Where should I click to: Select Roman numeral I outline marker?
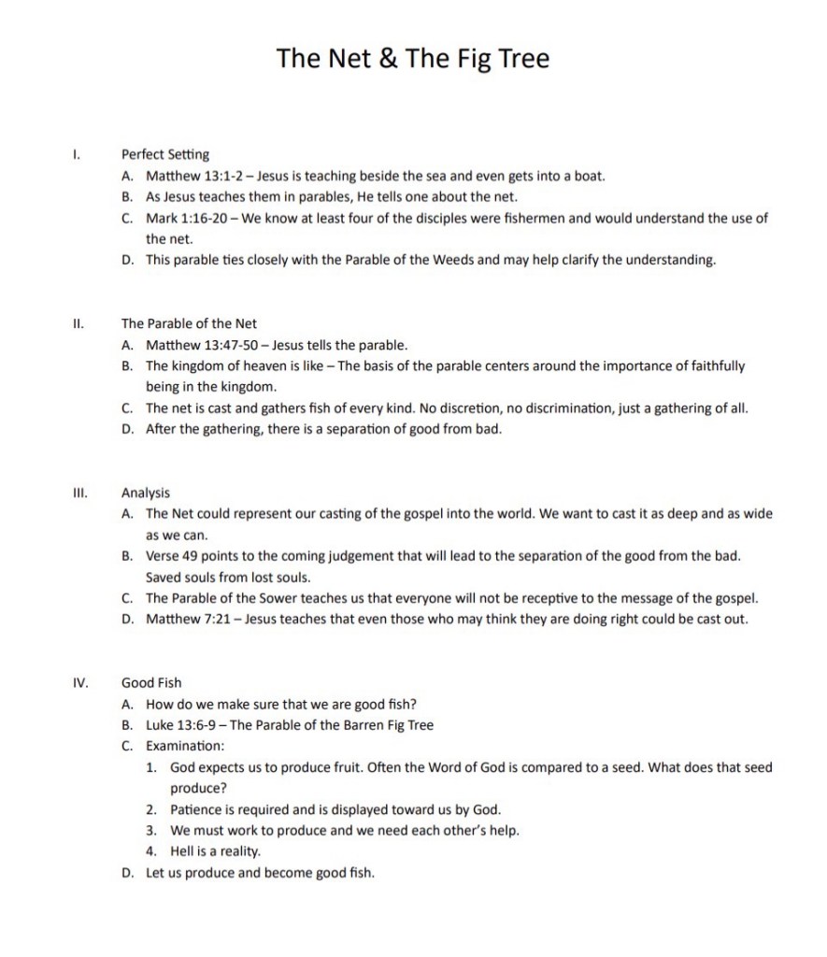(x=77, y=154)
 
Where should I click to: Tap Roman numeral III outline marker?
(x=79, y=493)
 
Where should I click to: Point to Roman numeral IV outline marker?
(x=80, y=683)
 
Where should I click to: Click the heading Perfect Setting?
(x=165, y=154)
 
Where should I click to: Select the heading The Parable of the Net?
(x=189, y=323)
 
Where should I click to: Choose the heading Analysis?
(x=146, y=493)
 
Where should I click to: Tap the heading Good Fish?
(x=151, y=683)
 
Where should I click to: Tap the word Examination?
(x=185, y=746)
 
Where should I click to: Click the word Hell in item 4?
(x=182, y=851)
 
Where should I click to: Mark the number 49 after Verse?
(x=192, y=556)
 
